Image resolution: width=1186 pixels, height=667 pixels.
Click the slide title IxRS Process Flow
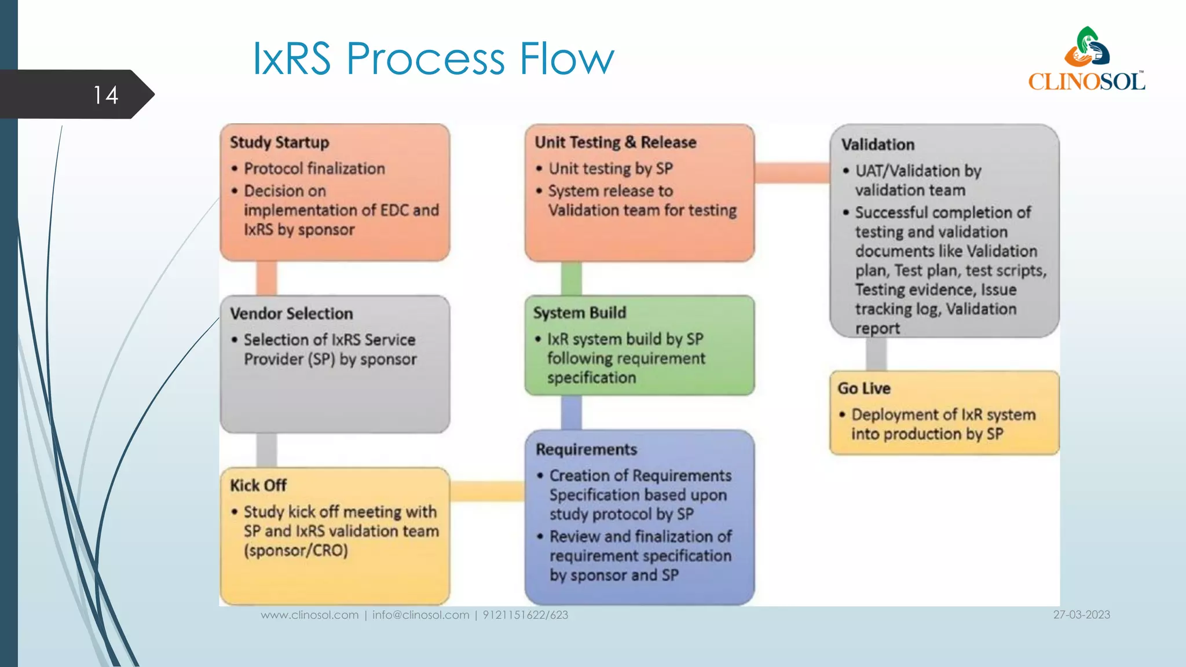point(433,58)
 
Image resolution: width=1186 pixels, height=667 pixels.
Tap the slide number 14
point(105,95)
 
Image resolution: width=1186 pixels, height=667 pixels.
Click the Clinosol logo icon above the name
point(1087,47)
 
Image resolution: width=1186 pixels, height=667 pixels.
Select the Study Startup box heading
point(279,142)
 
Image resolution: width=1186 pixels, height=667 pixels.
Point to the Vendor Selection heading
point(291,314)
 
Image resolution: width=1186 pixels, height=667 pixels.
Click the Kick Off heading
point(258,485)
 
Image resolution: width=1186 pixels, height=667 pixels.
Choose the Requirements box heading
point(586,449)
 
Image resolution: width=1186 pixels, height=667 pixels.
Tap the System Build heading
point(580,313)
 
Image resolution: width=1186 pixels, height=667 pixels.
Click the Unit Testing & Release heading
point(615,142)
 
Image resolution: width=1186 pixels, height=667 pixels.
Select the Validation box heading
point(878,145)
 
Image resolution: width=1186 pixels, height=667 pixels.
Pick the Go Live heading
point(864,389)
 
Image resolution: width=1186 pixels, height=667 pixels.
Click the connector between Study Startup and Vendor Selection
point(266,278)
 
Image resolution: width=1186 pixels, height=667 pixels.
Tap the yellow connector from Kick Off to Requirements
point(487,491)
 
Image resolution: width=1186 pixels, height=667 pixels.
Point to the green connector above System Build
point(571,278)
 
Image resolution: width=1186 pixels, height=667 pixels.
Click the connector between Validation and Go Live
point(876,354)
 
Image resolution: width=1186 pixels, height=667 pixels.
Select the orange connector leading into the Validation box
point(792,173)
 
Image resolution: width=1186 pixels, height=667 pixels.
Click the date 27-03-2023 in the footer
point(1081,615)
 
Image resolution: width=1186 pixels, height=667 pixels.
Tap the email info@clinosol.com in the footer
point(420,615)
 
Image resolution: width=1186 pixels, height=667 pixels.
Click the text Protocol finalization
point(314,168)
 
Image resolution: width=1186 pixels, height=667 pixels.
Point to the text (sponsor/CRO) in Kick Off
point(296,550)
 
